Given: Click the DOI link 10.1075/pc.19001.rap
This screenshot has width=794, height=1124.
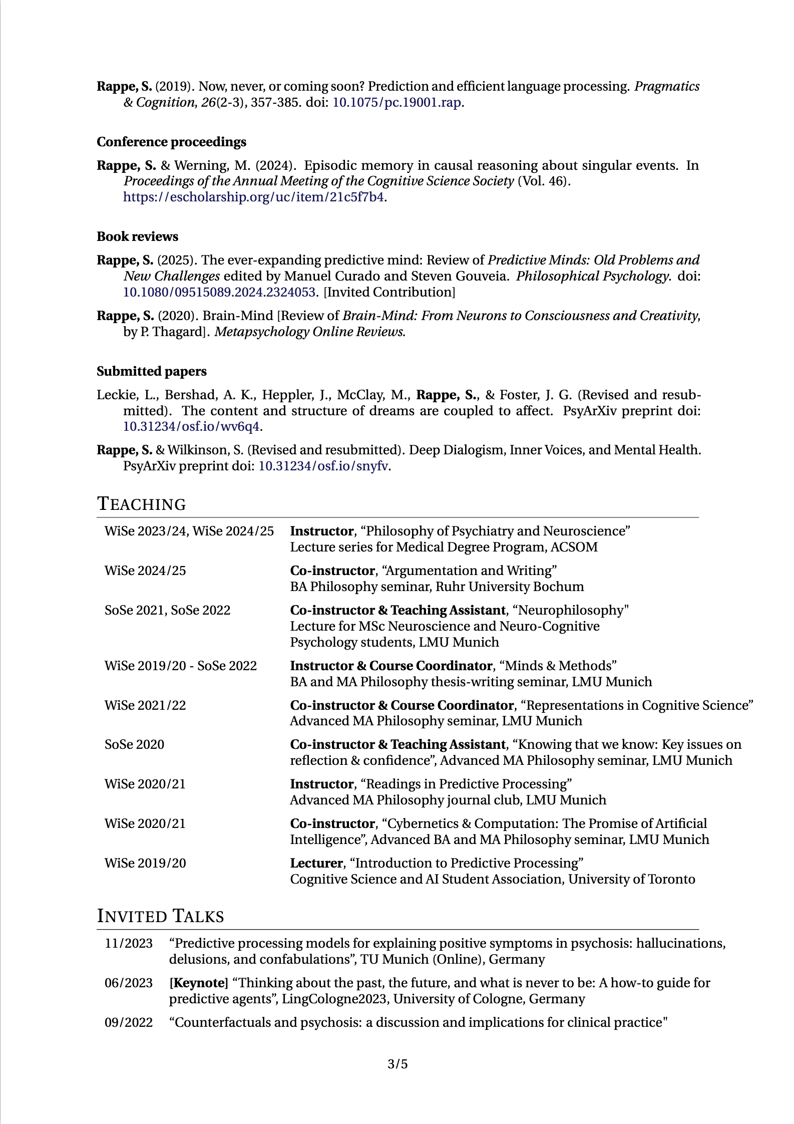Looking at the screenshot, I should click(x=396, y=103).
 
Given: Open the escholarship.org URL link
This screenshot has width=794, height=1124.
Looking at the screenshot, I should click(x=254, y=197).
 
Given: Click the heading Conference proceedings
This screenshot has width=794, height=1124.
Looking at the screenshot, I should click(x=171, y=142).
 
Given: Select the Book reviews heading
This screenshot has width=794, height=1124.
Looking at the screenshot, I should click(x=137, y=237).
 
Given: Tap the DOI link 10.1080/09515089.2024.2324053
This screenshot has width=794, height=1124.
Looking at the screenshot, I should click(x=219, y=292).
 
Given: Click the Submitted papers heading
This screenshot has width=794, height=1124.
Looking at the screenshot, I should click(x=151, y=372).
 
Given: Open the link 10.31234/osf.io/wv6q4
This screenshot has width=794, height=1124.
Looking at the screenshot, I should click(x=191, y=427).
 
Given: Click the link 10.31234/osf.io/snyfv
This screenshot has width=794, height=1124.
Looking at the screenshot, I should click(x=323, y=466).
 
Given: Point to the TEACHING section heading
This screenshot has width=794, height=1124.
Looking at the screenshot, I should click(x=141, y=504).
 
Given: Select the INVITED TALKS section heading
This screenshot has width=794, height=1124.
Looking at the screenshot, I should click(x=160, y=916).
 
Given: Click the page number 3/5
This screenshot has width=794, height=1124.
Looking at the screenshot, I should click(x=398, y=1064).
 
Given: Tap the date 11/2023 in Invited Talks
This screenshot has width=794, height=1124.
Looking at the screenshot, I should click(x=129, y=944).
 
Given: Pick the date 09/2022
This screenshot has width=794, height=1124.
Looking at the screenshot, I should click(x=129, y=1023).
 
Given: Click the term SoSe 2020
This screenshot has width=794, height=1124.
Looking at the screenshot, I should click(x=134, y=745).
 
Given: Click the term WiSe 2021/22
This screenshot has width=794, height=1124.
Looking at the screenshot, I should click(x=145, y=706).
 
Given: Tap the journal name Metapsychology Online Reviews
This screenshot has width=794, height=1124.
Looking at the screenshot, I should click(x=309, y=332).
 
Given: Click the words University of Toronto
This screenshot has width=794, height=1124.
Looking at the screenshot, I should click(x=631, y=880).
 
